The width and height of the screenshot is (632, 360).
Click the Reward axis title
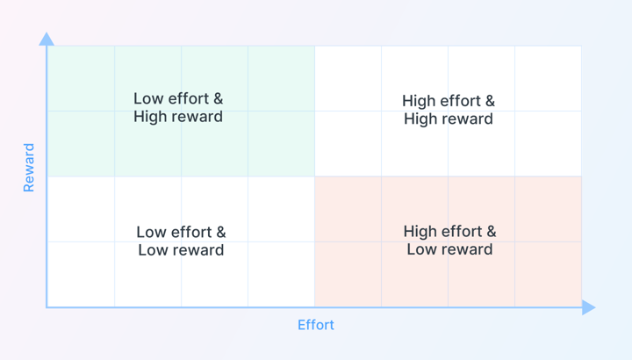click(x=29, y=168)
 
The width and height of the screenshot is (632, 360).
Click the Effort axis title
click(x=316, y=325)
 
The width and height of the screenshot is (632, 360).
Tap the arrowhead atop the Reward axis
click(x=47, y=40)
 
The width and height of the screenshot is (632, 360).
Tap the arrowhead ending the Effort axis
click(x=588, y=307)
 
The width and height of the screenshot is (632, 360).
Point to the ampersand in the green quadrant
click(x=218, y=98)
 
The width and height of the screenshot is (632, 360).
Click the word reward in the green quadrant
click(x=197, y=117)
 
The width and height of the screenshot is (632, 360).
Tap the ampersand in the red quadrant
click(x=492, y=232)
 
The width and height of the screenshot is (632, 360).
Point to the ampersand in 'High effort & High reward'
click(x=490, y=101)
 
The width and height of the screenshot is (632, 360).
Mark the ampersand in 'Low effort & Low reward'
click(x=221, y=232)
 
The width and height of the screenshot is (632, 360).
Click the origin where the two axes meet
click(x=47, y=307)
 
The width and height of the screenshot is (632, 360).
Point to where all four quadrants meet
click(x=315, y=176)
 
